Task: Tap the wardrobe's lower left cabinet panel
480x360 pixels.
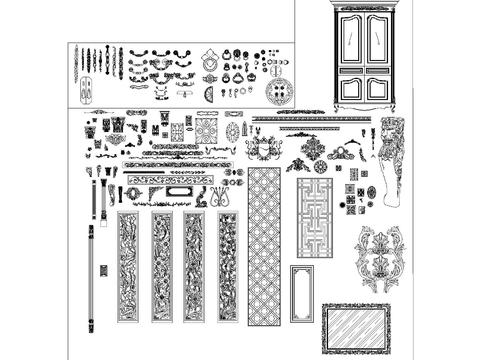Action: coord(354,86)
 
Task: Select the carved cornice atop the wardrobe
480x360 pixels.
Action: coord(367,6)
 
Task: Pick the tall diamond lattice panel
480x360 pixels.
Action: coord(264,245)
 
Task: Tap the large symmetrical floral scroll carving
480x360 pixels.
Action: coord(381,258)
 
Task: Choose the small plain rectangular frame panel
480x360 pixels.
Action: coord(301,293)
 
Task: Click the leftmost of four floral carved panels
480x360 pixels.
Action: coord(128,266)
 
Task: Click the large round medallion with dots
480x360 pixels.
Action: coord(282,91)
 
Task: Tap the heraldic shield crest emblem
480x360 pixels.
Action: coord(263,150)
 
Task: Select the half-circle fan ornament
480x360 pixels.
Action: coord(209,95)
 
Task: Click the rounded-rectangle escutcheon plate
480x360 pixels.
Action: coord(179,191)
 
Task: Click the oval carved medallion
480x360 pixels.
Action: coord(233,131)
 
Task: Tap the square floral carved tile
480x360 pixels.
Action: coord(206,131)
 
